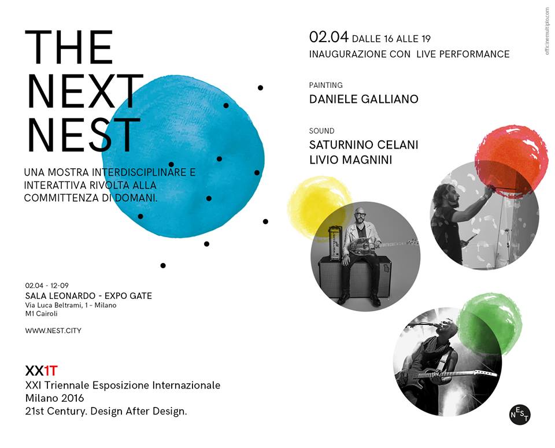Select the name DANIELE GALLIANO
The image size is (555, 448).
coord(364,99)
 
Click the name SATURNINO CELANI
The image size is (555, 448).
coord(364,145)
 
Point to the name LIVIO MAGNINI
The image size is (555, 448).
coord(350,160)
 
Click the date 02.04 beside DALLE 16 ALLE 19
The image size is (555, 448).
coord(329,37)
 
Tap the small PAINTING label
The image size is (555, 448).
coord(325,85)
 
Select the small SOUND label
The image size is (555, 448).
coord(321,131)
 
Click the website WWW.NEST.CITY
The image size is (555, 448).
coord(53,331)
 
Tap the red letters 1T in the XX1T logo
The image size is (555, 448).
coord(51,371)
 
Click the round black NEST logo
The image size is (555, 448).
coord(520,414)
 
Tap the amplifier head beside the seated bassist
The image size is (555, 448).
coord(335,243)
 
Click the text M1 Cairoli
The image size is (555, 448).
coord(41,313)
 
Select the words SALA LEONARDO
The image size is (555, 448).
coord(61,296)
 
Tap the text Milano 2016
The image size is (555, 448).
coord(54,398)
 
